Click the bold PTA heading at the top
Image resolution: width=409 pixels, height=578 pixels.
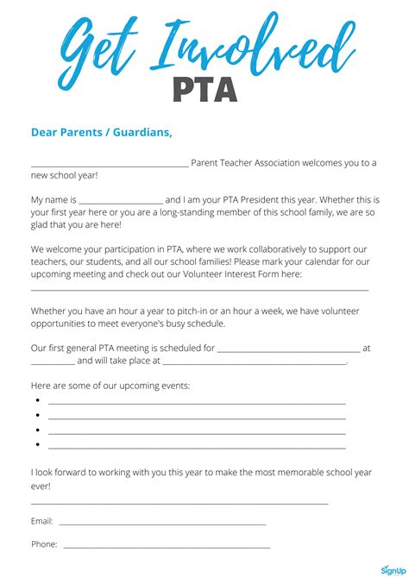(204, 88)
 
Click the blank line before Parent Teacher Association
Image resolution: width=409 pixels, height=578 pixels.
(110, 164)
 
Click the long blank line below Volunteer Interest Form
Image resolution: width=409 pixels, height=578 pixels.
(199, 289)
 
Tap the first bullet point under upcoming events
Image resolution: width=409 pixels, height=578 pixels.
(38, 401)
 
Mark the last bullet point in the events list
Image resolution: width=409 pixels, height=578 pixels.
(38, 444)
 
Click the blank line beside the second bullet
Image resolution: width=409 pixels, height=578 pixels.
(197, 418)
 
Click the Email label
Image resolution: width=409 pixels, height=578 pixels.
(42, 521)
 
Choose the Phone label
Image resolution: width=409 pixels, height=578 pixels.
(44, 544)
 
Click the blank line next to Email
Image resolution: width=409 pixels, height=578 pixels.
(162, 524)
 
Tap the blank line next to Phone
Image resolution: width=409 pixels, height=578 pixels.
(167, 547)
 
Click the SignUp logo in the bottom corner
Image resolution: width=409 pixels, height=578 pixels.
(392, 569)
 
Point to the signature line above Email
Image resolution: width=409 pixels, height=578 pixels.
(179, 503)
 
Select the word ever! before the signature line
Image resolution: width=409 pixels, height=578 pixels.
(41, 486)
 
